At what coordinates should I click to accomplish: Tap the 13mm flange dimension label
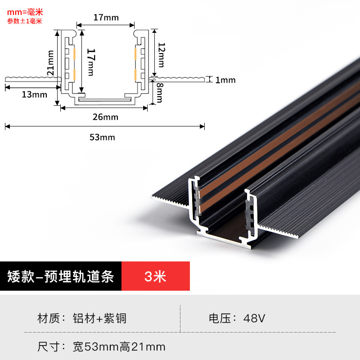pos(34,94)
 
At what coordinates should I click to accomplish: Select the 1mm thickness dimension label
pos(225,81)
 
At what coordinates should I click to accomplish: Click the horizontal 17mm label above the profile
pos(106,18)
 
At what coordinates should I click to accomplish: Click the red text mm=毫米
pos(25,12)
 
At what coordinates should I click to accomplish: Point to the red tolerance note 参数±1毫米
pos(25,21)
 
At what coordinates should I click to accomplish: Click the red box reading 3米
pos(155,276)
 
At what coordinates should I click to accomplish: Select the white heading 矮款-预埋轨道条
pos(61,276)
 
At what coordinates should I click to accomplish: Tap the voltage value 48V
pos(254,319)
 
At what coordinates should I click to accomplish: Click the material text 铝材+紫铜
pos(99,319)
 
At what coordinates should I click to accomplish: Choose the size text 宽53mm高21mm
pos(119,346)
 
